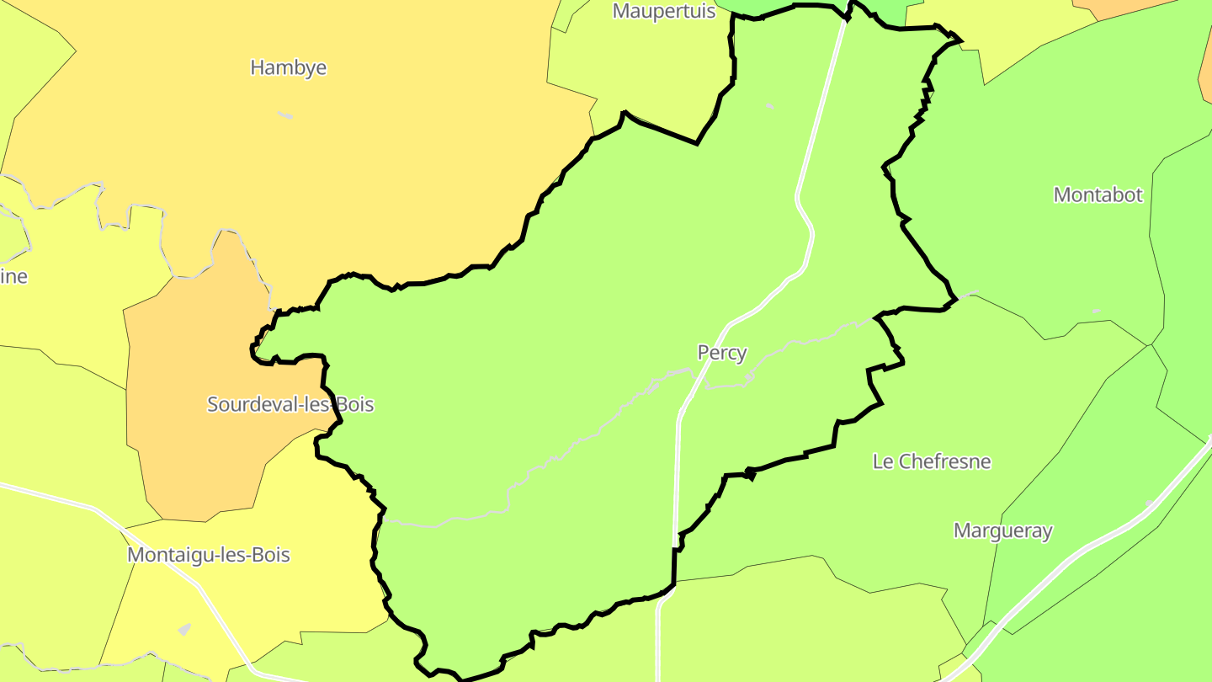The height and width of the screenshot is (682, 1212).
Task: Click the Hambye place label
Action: coord(288,67)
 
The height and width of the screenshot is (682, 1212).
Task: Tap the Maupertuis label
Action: coord(664,11)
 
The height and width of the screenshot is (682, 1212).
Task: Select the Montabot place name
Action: coord(1098,194)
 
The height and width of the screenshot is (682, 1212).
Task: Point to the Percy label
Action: coord(721,353)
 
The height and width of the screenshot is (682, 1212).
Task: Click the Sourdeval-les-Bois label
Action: coord(290,404)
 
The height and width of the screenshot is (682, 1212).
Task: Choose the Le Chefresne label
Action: coord(931,461)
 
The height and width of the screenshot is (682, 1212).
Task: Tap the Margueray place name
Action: coord(1002,530)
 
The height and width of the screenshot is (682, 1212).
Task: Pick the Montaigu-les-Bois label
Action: coord(208,555)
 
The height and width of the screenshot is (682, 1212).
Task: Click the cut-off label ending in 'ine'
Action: coord(13,276)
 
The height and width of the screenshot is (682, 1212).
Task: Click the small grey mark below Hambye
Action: coord(285,115)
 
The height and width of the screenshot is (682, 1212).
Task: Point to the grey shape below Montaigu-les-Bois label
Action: coord(184,629)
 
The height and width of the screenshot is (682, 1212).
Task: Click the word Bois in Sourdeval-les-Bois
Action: coord(354,404)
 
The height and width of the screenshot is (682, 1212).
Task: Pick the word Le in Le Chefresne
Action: coord(883,461)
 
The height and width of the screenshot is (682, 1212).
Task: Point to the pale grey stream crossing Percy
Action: coord(572,446)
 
